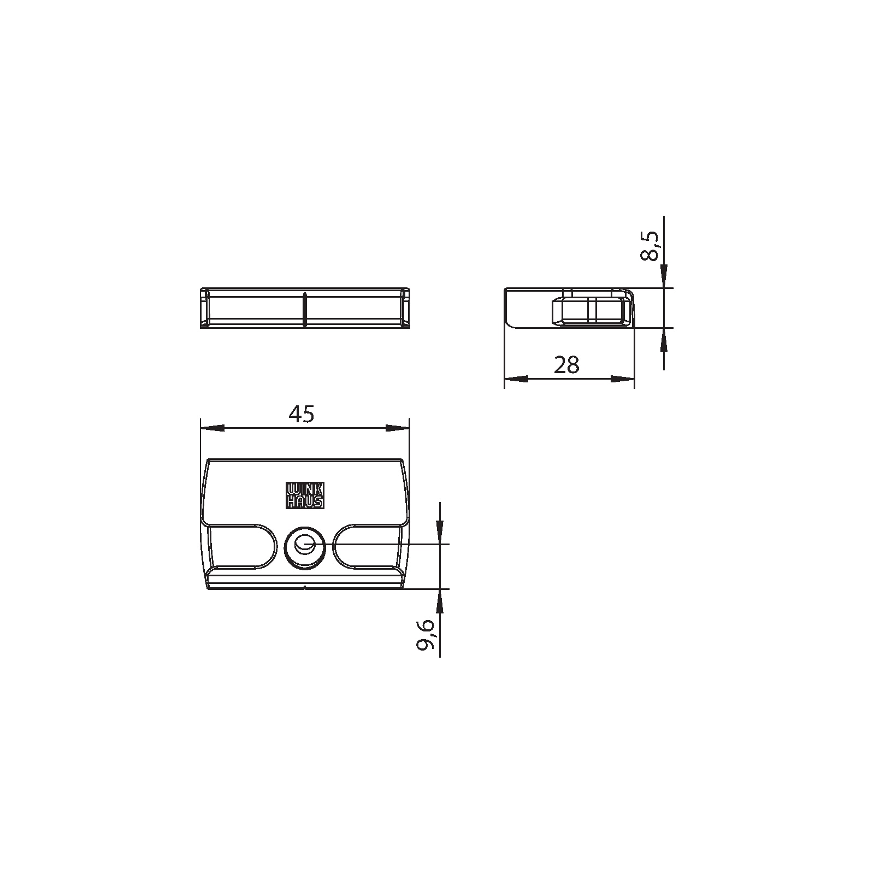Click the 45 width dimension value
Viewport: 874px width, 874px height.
click(x=302, y=415)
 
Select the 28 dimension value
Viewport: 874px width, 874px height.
click(x=566, y=365)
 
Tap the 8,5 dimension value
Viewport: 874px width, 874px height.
click(x=649, y=246)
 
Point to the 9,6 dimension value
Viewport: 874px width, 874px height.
click(x=426, y=635)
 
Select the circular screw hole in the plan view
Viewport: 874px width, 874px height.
click(x=305, y=546)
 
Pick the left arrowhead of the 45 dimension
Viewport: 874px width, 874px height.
click(x=212, y=428)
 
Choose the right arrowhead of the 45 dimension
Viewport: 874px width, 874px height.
click(x=398, y=428)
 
